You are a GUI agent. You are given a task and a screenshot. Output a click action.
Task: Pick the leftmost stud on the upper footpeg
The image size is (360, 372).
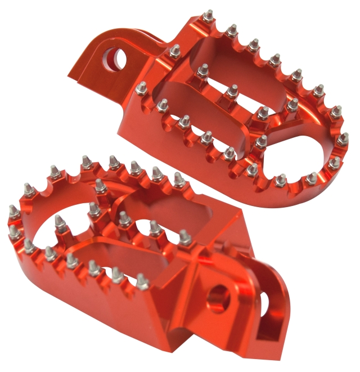[142, 88]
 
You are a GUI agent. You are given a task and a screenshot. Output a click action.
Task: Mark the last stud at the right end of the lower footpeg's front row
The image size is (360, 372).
[143, 280]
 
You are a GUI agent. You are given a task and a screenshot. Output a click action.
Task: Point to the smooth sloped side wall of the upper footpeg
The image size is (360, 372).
[141, 129]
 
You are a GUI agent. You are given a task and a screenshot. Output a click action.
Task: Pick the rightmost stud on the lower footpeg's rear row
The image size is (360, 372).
[178, 179]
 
